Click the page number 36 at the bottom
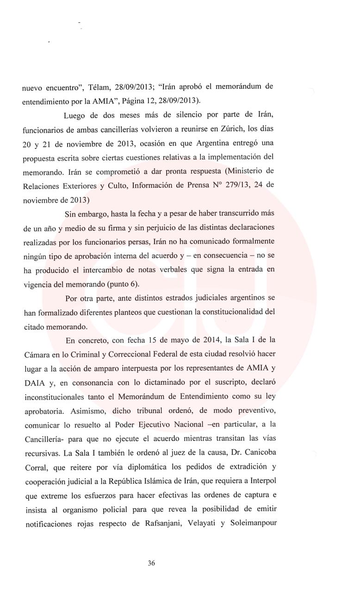(x=151, y=563)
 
